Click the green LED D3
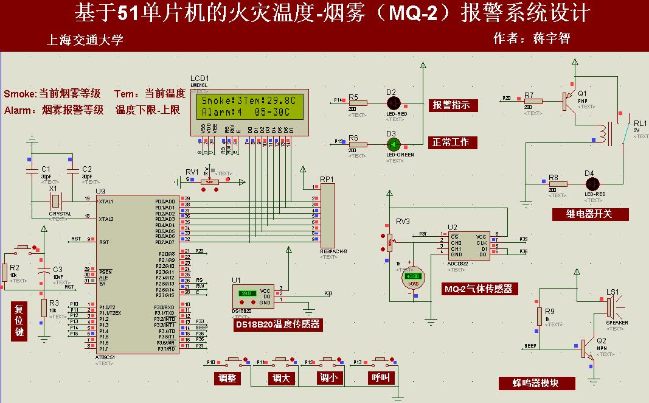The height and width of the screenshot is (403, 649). [x=394, y=144]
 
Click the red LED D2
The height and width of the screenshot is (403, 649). [x=394, y=102]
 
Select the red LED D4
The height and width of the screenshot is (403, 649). [x=591, y=183]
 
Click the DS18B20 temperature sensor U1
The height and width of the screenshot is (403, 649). [x=254, y=296]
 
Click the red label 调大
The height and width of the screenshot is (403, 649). [x=281, y=378]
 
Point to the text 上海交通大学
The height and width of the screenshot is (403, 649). [x=85, y=40]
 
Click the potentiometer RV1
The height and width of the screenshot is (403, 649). [x=210, y=181]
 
